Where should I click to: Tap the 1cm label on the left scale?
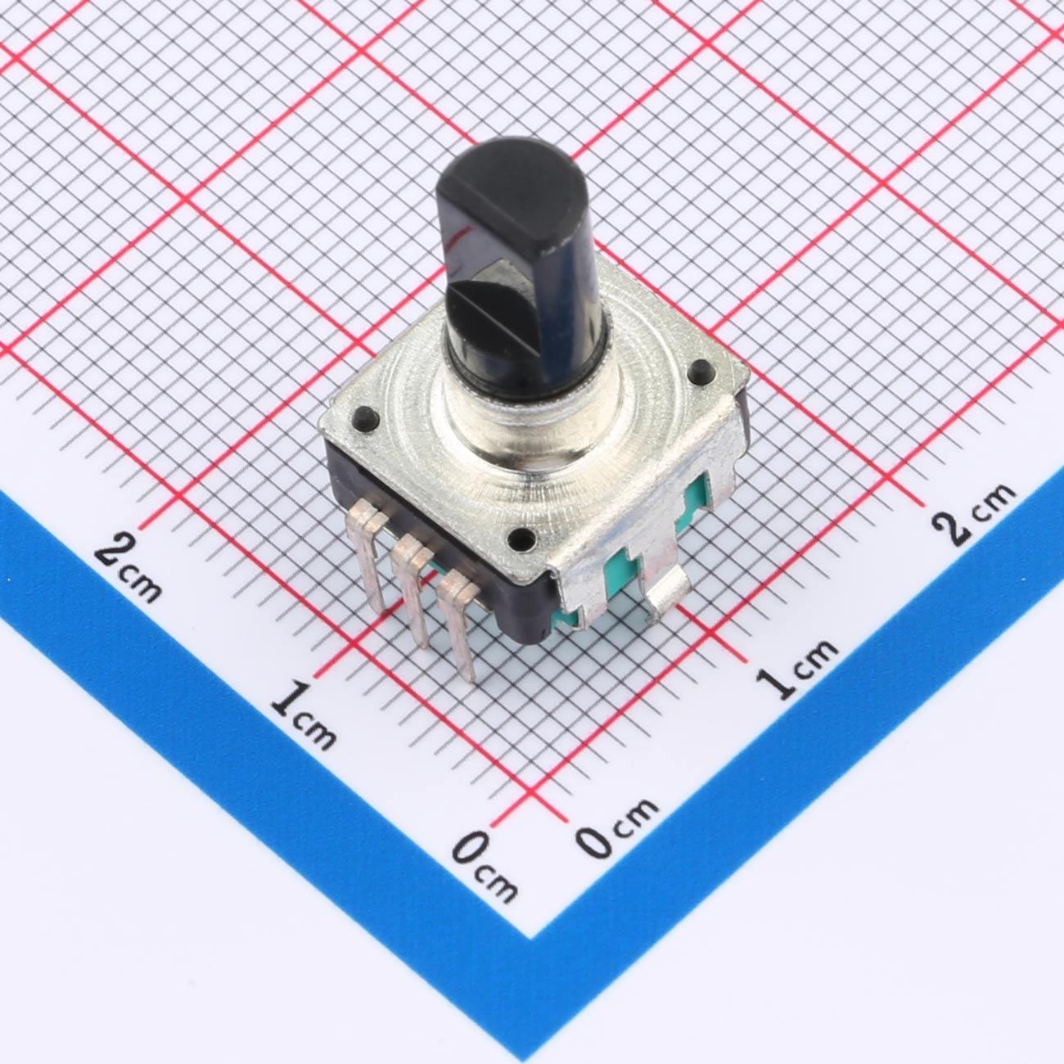click(303, 716)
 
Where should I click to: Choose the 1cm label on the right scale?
click(796, 670)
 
